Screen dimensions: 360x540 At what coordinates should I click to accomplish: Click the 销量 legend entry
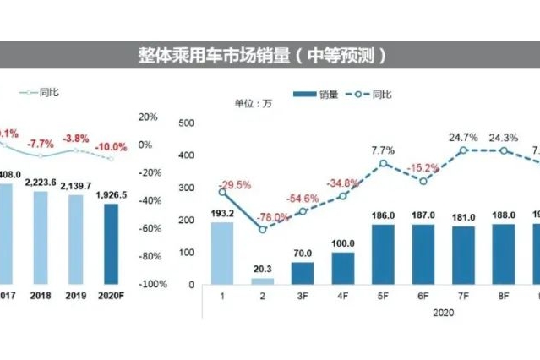coord(313,95)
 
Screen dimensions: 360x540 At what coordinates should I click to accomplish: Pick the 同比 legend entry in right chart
coord(366,95)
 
